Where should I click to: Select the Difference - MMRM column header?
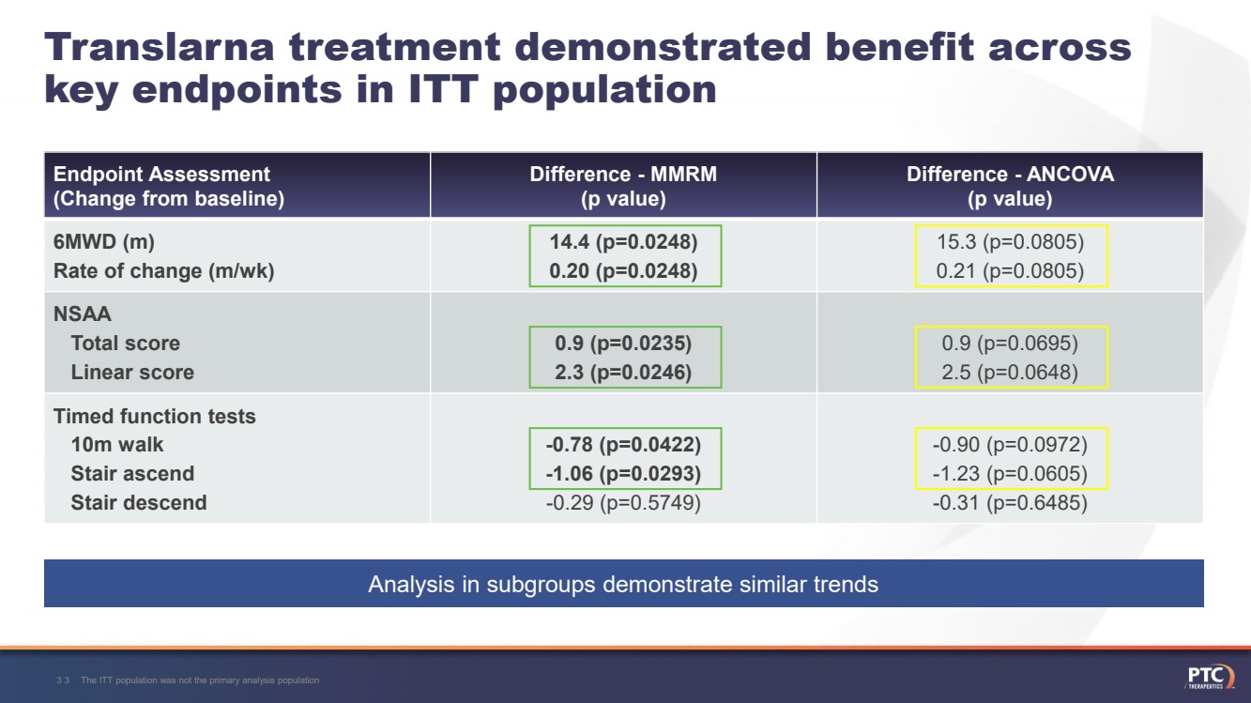623,186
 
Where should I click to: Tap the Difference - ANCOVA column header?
1010,186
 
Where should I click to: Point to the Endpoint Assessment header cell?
169,186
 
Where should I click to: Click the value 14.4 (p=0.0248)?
623,242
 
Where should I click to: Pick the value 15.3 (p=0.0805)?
1010,242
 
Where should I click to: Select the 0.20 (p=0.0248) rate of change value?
623,271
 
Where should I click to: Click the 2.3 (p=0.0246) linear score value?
623,373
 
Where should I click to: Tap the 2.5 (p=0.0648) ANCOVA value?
1010,373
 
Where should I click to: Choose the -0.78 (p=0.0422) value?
623,444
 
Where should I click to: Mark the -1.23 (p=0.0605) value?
1010,474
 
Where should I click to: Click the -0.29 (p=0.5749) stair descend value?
623,503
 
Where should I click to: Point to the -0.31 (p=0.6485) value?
1010,503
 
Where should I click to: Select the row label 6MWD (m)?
104,242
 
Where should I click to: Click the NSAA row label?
82,313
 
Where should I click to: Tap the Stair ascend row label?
132,474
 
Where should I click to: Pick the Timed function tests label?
154,416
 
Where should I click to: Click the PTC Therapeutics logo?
1209,677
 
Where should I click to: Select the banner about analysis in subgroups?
623,585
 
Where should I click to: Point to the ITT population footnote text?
200,680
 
